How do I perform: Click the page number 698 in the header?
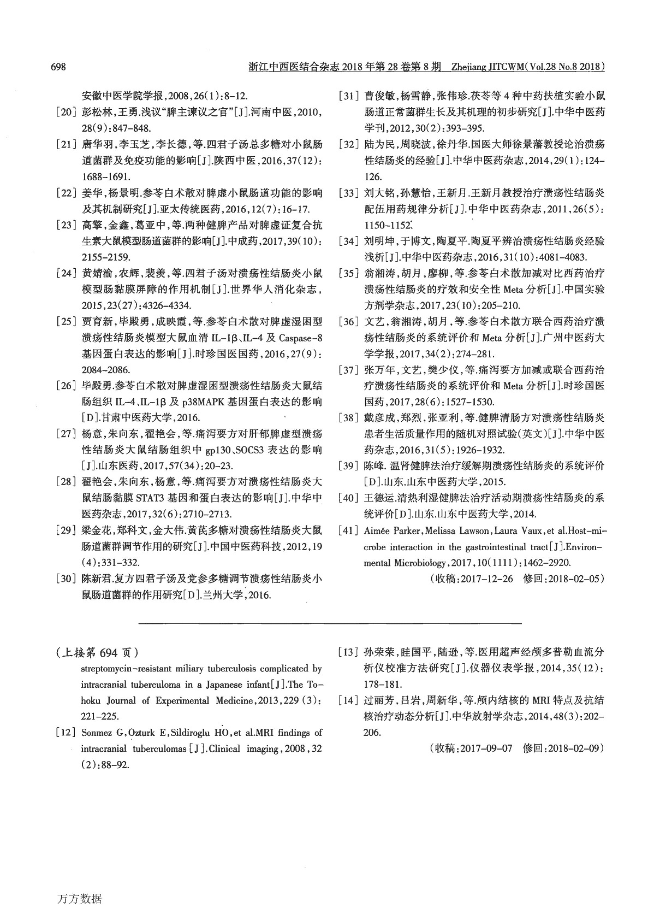click(x=58, y=67)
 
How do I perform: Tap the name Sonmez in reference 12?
click(x=97, y=733)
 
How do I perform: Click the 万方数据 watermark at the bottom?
click(x=79, y=899)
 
